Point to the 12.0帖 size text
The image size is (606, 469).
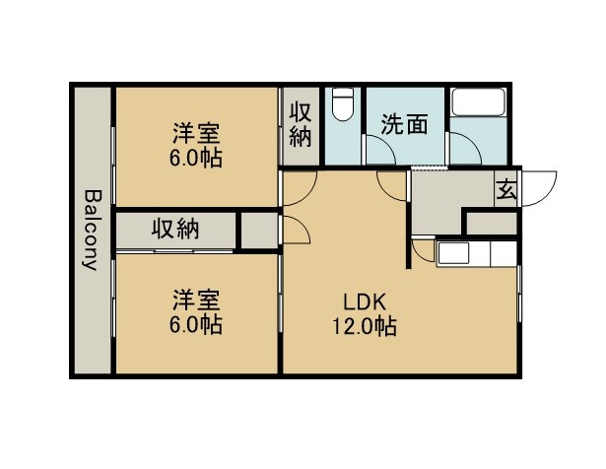pyautogui.click(x=363, y=326)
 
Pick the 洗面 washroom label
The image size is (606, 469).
pyautogui.click(x=404, y=124)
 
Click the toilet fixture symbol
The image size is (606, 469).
pyautogui.click(x=343, y=105)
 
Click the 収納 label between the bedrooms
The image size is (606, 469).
pyautogui.click(x=175, y=230)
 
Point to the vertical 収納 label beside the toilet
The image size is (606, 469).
pyautogui.click(x=301, y=122)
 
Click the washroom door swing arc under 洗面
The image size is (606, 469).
pyautogui.click(x=379, y=151)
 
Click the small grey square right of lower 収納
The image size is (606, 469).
pyautogui.click(x=258, y=230)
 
